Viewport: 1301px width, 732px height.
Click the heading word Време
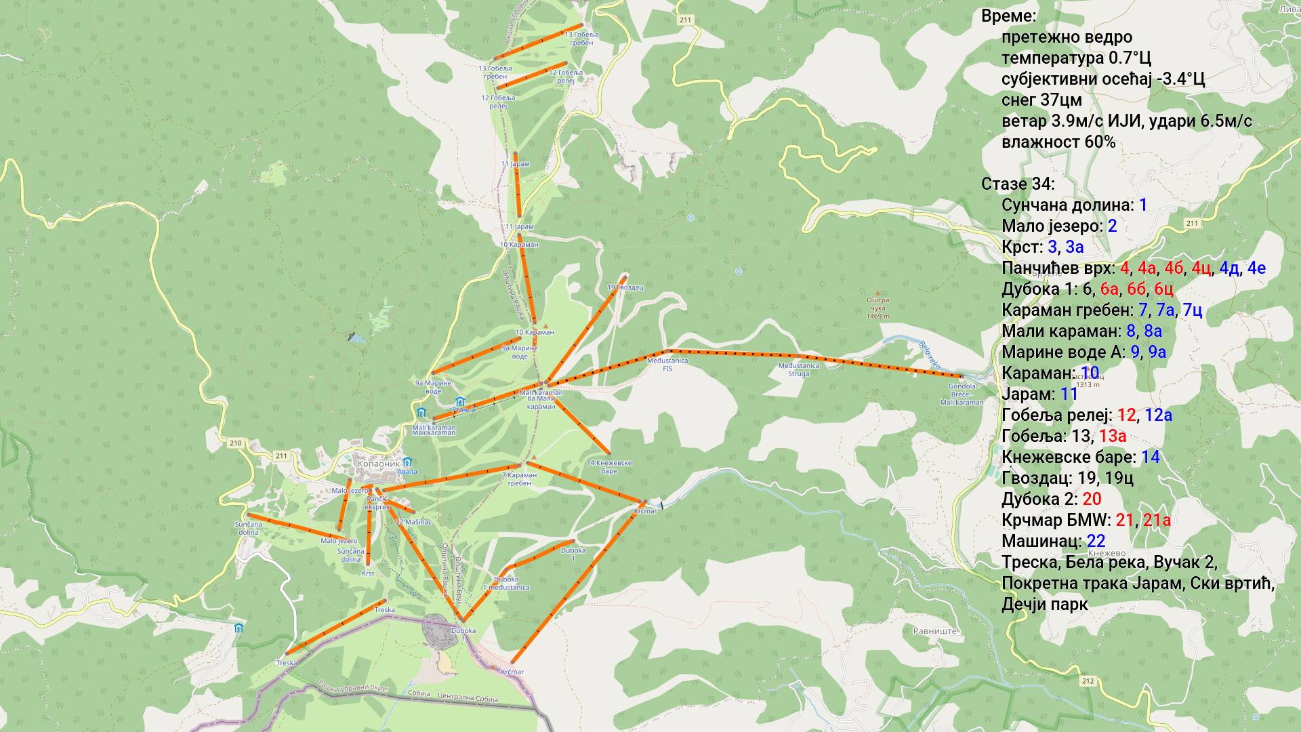point(1008,16)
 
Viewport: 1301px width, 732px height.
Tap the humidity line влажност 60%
point(1058,142)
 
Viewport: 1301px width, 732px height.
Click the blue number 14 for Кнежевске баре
point(1150,457)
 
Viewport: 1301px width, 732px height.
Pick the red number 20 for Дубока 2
point(1092,500)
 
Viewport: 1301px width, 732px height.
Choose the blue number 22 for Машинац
point(1096,542)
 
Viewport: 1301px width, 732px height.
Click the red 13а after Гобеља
point(1113,436)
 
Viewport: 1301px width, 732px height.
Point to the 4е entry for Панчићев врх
point(1256,268)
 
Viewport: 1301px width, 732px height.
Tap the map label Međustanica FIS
point(667,365)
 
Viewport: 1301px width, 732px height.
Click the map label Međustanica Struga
point(798,369)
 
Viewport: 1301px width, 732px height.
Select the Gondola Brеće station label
point(962,390)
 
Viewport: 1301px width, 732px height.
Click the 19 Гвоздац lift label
point(625,287)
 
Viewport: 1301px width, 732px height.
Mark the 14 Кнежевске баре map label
point(608,467)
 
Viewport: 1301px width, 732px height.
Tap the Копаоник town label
point(378,464)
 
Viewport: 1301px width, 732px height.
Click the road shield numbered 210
point(235,443)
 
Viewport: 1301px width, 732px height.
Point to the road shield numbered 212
point(1088,681)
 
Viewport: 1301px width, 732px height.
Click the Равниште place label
point(934,631)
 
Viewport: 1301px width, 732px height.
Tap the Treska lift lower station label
point(286,663)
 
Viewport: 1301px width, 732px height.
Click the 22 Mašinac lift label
point(413,522)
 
